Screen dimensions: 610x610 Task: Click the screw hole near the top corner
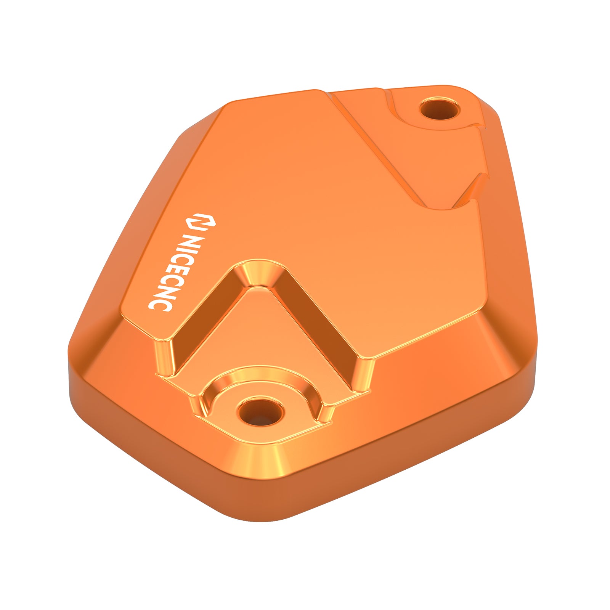pyautogui.click(x=439, y=109)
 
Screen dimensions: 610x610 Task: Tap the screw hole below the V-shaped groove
pyautogui.click(x=260, y=412)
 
